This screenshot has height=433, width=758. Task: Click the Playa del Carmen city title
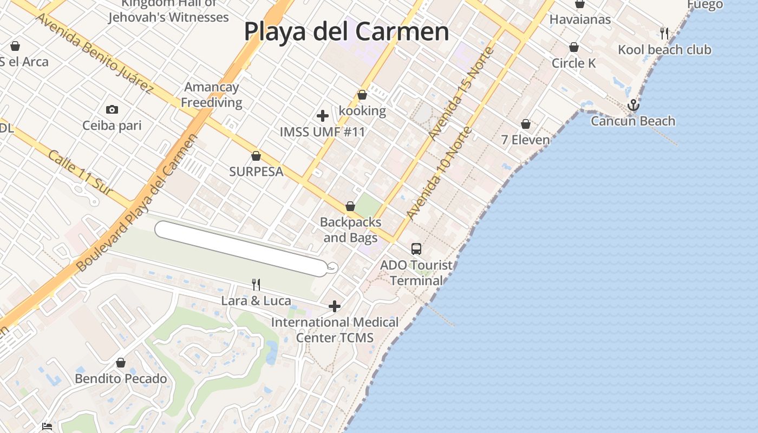(x=347, y=31)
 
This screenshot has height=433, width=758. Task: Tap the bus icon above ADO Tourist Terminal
(x=416, y=248)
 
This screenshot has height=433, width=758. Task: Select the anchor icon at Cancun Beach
(x=633, y=105)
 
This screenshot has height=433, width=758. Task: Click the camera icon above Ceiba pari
(x=112, y=110)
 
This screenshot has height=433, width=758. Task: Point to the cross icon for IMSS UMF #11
(x=323, y=116)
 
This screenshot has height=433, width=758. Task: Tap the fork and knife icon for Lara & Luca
(x=256, y=284)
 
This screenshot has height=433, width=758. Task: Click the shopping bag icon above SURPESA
(x=256, y=156)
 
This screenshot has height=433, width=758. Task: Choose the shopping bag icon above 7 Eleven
(x=525, y=124)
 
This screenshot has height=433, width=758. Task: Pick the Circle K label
(x=573, y=63)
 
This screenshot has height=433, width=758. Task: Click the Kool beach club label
(x=664, y=50)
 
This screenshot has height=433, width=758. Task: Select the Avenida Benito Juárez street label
(x=94, y=53)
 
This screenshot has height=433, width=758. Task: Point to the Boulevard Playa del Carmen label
(x=135, y=203)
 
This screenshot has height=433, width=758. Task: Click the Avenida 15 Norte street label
(x=461, y=93)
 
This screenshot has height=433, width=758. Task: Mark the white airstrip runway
(x=241, y=248)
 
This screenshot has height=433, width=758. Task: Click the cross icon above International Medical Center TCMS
(x=335, y=307)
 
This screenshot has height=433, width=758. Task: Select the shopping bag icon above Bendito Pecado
(x=121, y=363)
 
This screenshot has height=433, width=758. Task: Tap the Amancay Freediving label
(x=211, y=95)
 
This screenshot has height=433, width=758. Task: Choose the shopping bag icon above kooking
(x=362, y=95)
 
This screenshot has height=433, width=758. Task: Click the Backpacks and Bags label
(x=350, y=230)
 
